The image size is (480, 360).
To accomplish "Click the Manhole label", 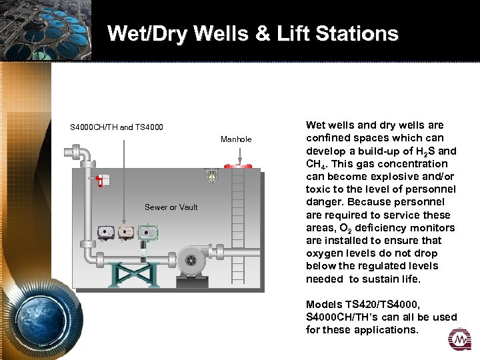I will pyautogui.click(x=236, y=139).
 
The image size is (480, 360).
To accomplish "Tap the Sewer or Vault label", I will pyautogui.click(x=171, y=207).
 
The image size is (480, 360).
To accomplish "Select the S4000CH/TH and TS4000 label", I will pyautogui.click(x=117, y=127).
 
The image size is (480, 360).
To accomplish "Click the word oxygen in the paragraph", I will pyautogui.click(x=326, y=253).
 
